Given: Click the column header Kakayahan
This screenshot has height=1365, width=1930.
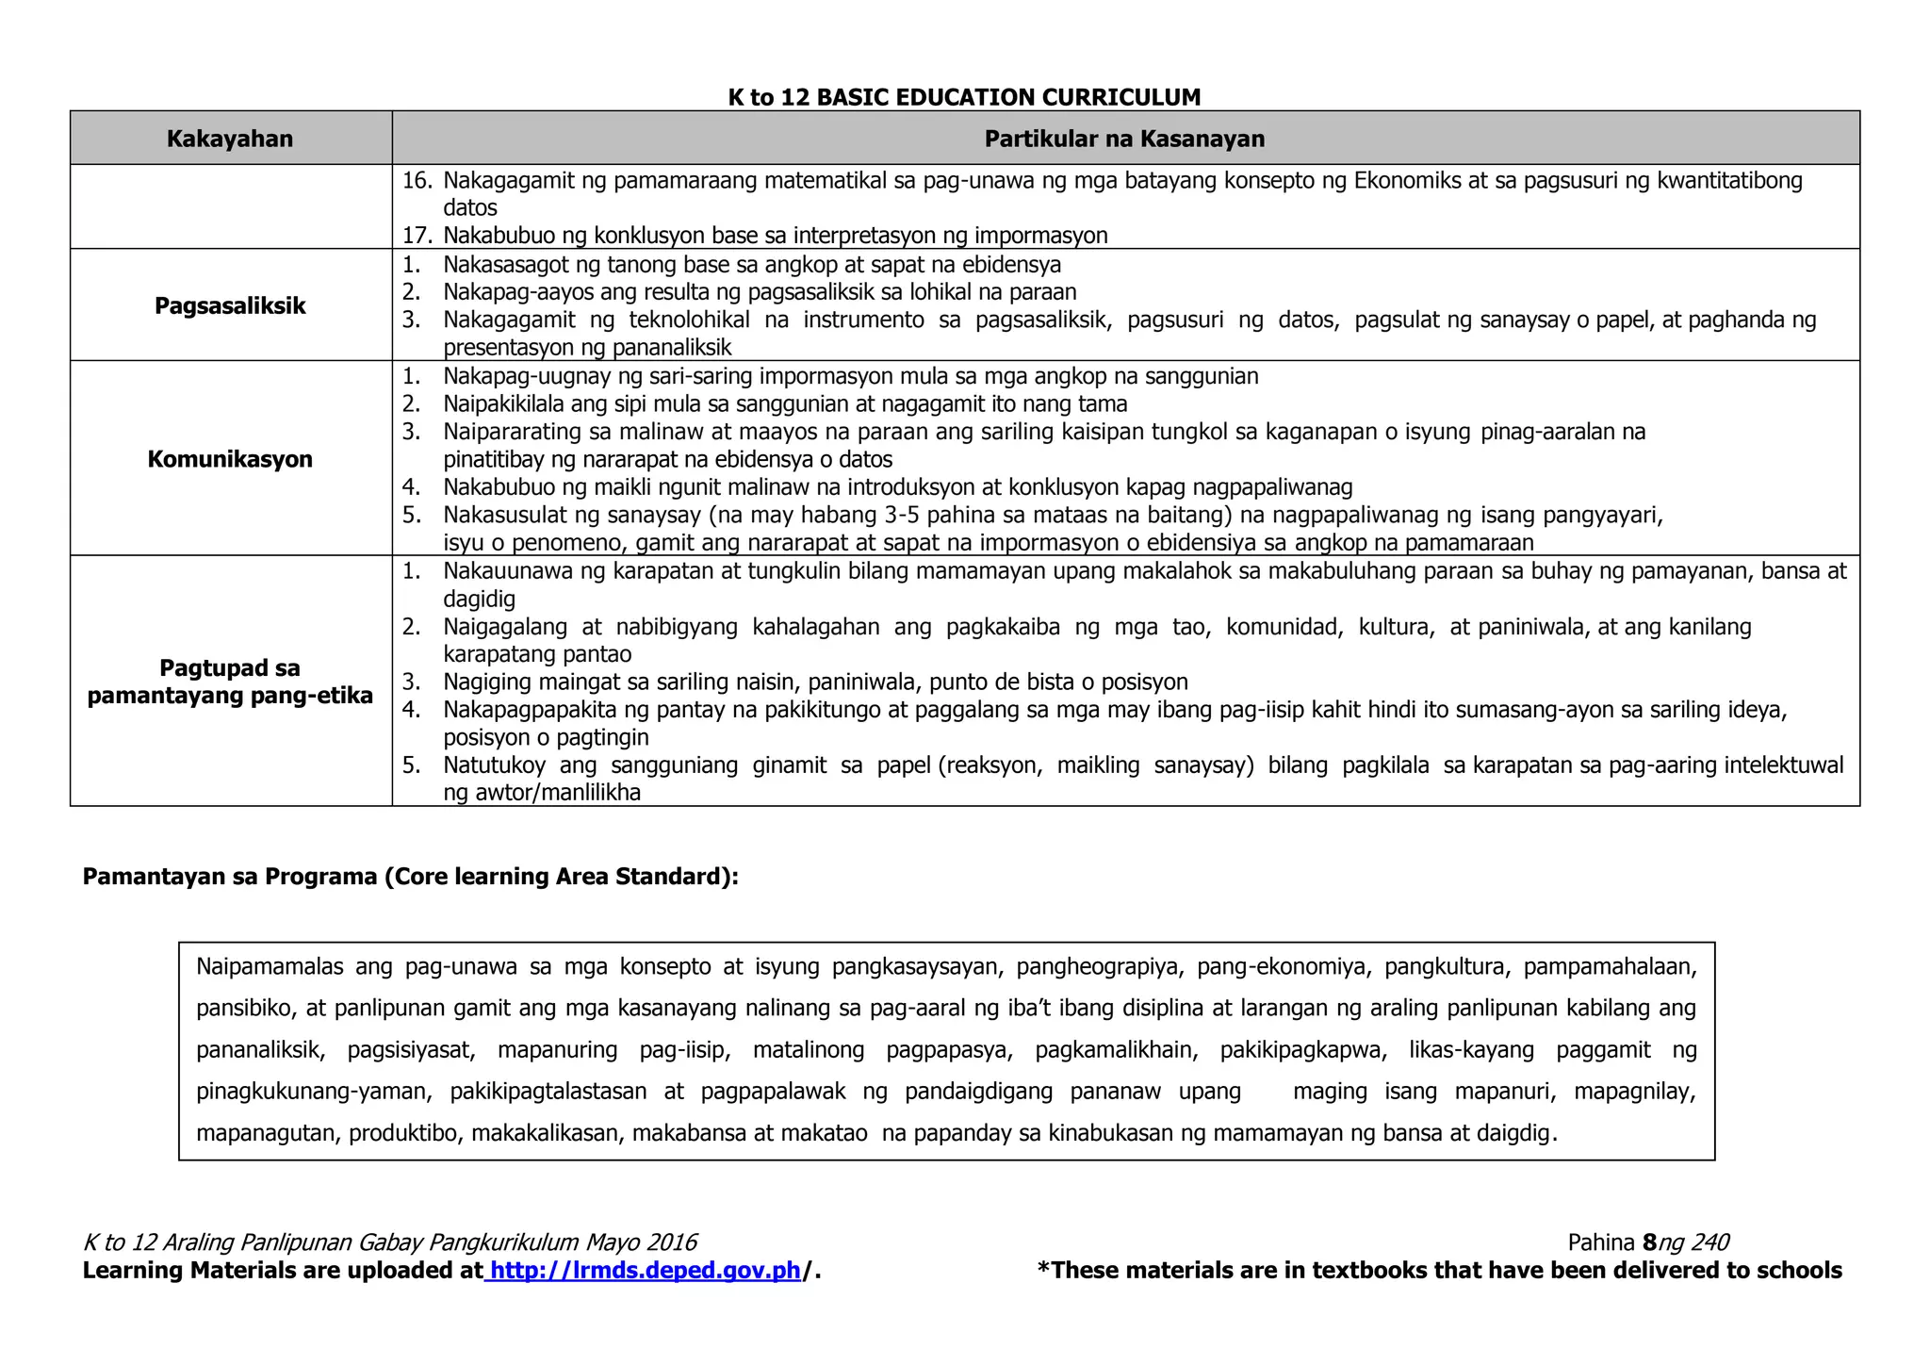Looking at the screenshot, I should coord(230,139).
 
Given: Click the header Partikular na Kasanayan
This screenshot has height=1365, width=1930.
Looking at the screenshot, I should coord(1124,139).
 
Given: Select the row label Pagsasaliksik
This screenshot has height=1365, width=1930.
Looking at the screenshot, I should coord(230,305).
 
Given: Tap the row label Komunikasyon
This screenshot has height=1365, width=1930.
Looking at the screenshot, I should coord(230,459).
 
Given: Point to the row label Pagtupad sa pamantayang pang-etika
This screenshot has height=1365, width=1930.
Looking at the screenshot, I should coord(230,682).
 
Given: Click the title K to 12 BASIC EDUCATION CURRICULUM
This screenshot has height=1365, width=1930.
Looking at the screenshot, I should coord(964,97).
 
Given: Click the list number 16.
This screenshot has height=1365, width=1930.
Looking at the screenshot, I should coord(416,180).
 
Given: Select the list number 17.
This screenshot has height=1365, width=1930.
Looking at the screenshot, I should coord(416,235).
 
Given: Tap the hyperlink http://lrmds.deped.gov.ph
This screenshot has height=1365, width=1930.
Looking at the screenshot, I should coord(646,1271).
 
